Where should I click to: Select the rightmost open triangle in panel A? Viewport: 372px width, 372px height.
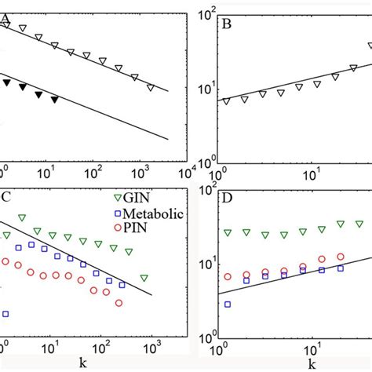(151, 88)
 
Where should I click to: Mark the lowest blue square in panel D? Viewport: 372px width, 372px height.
(227, 304)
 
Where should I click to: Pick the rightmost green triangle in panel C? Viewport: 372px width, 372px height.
(144, 278)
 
